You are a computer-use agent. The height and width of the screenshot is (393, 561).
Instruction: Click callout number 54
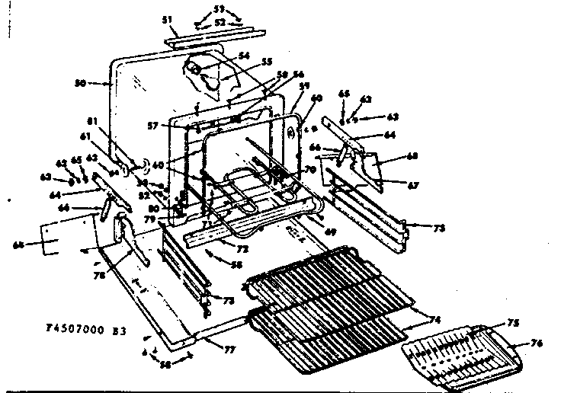click(244, 55)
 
